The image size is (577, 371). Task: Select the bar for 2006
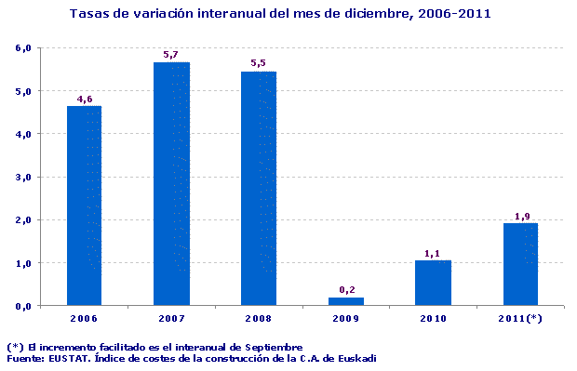(x=84, y=205)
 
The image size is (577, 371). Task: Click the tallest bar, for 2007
(x=171, y=183)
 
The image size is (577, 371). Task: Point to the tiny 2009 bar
(x=345, y=300)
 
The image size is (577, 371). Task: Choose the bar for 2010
(x=433, y=282)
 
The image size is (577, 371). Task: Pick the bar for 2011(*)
(x=520, y=264)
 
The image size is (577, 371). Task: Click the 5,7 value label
(x=171, y=55)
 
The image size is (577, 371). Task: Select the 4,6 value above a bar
(x=84, y=99)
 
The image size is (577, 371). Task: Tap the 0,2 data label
(x=345, y=290)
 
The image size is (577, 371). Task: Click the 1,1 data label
(x=433, y=253)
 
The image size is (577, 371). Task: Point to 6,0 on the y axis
(x=25, y=47)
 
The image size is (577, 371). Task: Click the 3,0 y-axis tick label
(x=25, y=177)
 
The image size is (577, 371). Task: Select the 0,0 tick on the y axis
(x=25, y=306)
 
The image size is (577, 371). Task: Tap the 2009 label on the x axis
(x=345, y=318)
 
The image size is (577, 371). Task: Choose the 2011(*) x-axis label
(x=520, y=318)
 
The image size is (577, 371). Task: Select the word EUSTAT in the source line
(x=72, y=358)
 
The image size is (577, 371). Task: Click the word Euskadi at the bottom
(x=356, y=358)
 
